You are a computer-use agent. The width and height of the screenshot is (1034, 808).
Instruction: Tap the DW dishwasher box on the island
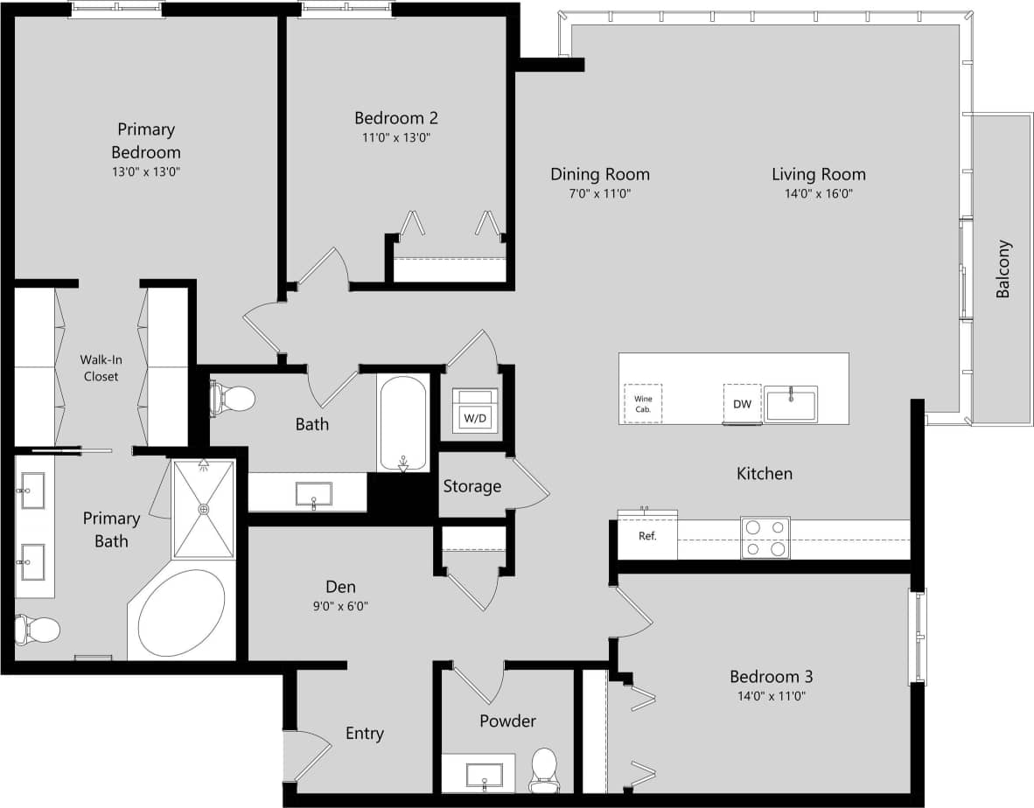[x=742, y=403]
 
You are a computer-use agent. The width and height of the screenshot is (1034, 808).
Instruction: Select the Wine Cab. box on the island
[x=643, y=403]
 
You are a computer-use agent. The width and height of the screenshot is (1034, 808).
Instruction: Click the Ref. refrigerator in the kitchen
[x=647, y=536]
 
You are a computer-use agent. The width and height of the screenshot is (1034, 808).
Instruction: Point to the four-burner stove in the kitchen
[x=765, y=537]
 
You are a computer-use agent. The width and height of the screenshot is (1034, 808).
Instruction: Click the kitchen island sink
[x=791, y=404]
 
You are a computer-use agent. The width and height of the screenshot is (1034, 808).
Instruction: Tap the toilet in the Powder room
[x=544, y=768]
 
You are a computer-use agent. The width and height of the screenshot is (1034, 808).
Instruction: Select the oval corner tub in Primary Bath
[x=182, y=613]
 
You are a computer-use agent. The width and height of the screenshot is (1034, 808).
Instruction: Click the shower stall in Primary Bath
[x=203, y=509]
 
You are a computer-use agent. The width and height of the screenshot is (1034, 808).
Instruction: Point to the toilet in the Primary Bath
[x=38, y=629]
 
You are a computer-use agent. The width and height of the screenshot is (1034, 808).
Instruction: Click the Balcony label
[x=1003, y=269]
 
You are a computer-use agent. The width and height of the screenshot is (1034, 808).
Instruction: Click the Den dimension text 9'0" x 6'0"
[x=340, y=606]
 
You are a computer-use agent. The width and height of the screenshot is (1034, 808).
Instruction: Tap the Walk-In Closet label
[x=99, y=367]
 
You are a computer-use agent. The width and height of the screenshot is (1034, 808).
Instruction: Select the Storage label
[x=472, y=486]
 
